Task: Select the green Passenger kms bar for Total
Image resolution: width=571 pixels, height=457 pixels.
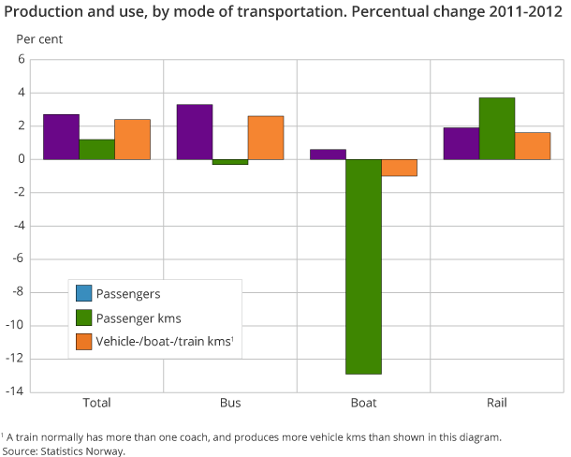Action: [x=96, y=149]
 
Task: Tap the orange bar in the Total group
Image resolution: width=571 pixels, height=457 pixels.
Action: [x=132, y=140]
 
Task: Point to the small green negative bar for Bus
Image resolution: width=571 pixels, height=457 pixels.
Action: [x=230, y=162]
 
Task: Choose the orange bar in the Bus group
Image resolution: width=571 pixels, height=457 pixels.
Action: [x=266, y=138]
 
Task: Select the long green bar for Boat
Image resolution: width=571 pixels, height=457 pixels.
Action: [x=363, y=267]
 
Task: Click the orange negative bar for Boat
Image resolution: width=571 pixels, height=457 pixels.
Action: [x=399, y=168]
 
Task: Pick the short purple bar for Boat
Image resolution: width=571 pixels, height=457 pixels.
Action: [x=328, y=155]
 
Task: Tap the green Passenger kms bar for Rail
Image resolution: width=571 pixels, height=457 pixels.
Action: [x=497, y=128]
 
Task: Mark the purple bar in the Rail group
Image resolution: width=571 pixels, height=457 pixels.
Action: [x=461, y=143]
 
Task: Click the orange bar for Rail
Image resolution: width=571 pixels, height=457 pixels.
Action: [x=533, y=146]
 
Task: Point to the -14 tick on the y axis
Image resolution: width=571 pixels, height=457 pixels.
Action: [x=15, y=391]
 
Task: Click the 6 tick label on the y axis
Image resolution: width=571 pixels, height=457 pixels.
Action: [x=20, y=59]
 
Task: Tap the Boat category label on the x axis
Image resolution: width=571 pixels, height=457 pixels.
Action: [x=363, y=404]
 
